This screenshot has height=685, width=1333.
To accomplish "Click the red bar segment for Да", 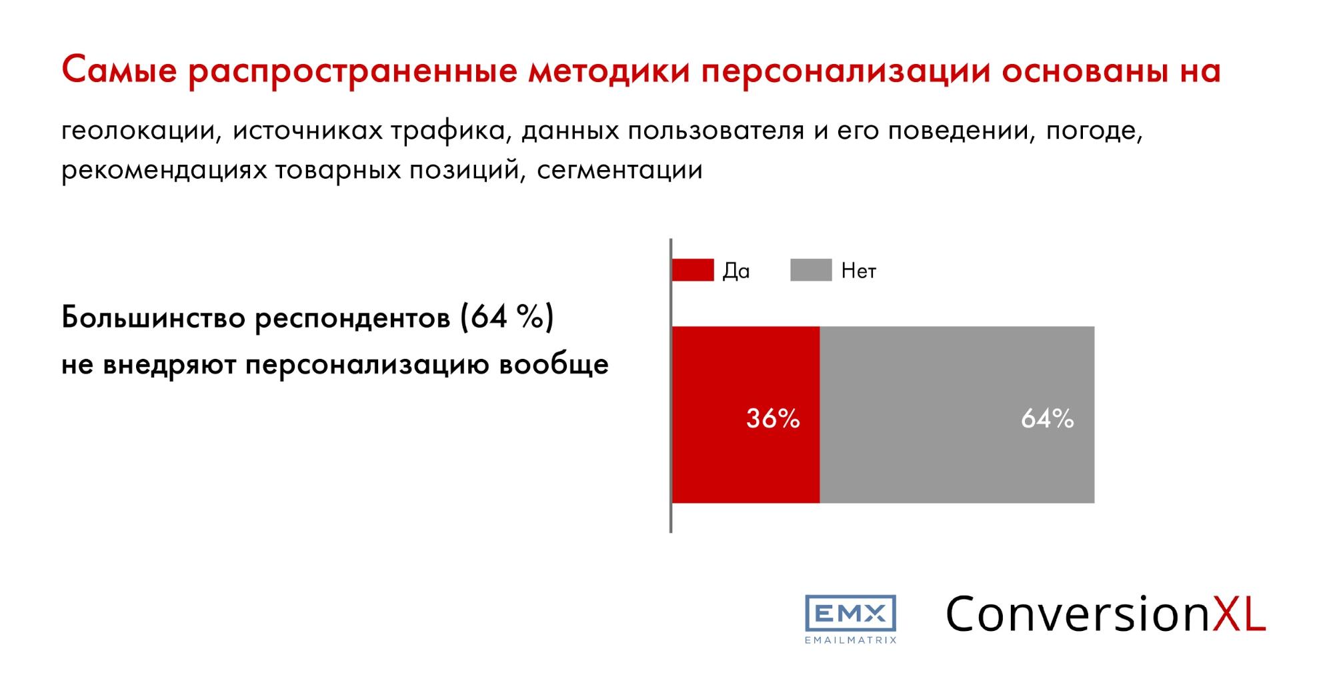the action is [x=746, y=414].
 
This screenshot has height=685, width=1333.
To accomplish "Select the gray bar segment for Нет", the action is [x=957, y=414].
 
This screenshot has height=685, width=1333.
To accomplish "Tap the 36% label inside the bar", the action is [x=773, y=418].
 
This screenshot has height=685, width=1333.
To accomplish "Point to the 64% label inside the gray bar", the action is [x=1048, y=418].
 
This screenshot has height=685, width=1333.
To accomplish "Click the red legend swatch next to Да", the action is [x=693, y=270].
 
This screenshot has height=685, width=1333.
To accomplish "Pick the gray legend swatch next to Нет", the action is [x=811, y=270].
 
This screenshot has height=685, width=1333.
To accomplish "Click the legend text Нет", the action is [x=859, y=271].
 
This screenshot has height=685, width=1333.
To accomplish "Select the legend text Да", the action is [x=736, y=271].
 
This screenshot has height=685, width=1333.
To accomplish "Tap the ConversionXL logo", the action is [x=1106, y=613].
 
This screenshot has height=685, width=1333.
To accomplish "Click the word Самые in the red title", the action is [x=120, y=71].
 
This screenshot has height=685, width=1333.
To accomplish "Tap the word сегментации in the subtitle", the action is [x=619, y=171].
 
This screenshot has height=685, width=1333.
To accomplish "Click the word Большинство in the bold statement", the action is [x=153, y=317].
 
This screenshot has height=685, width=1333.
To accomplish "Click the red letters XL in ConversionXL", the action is [x=1238, y=613].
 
